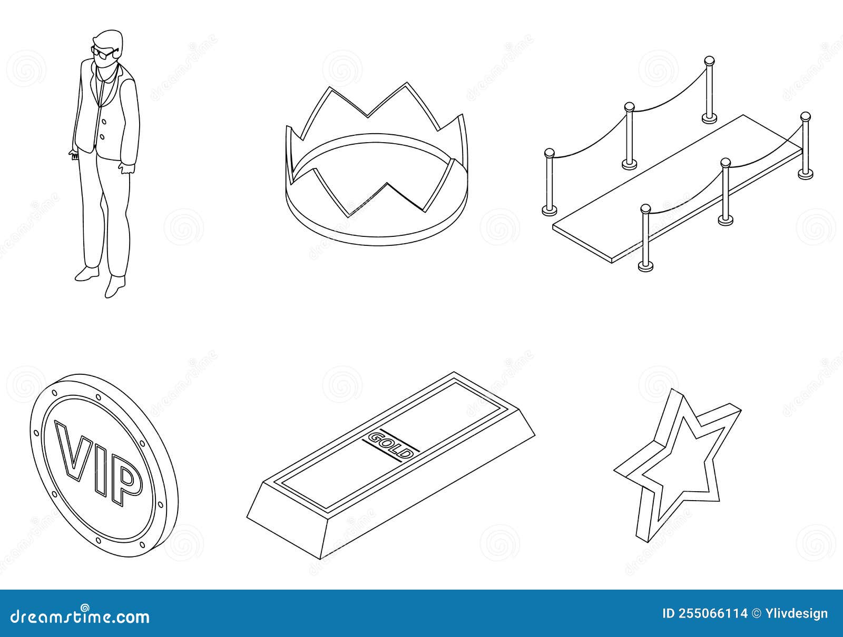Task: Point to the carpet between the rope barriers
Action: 680,190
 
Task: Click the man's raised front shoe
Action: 86,273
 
